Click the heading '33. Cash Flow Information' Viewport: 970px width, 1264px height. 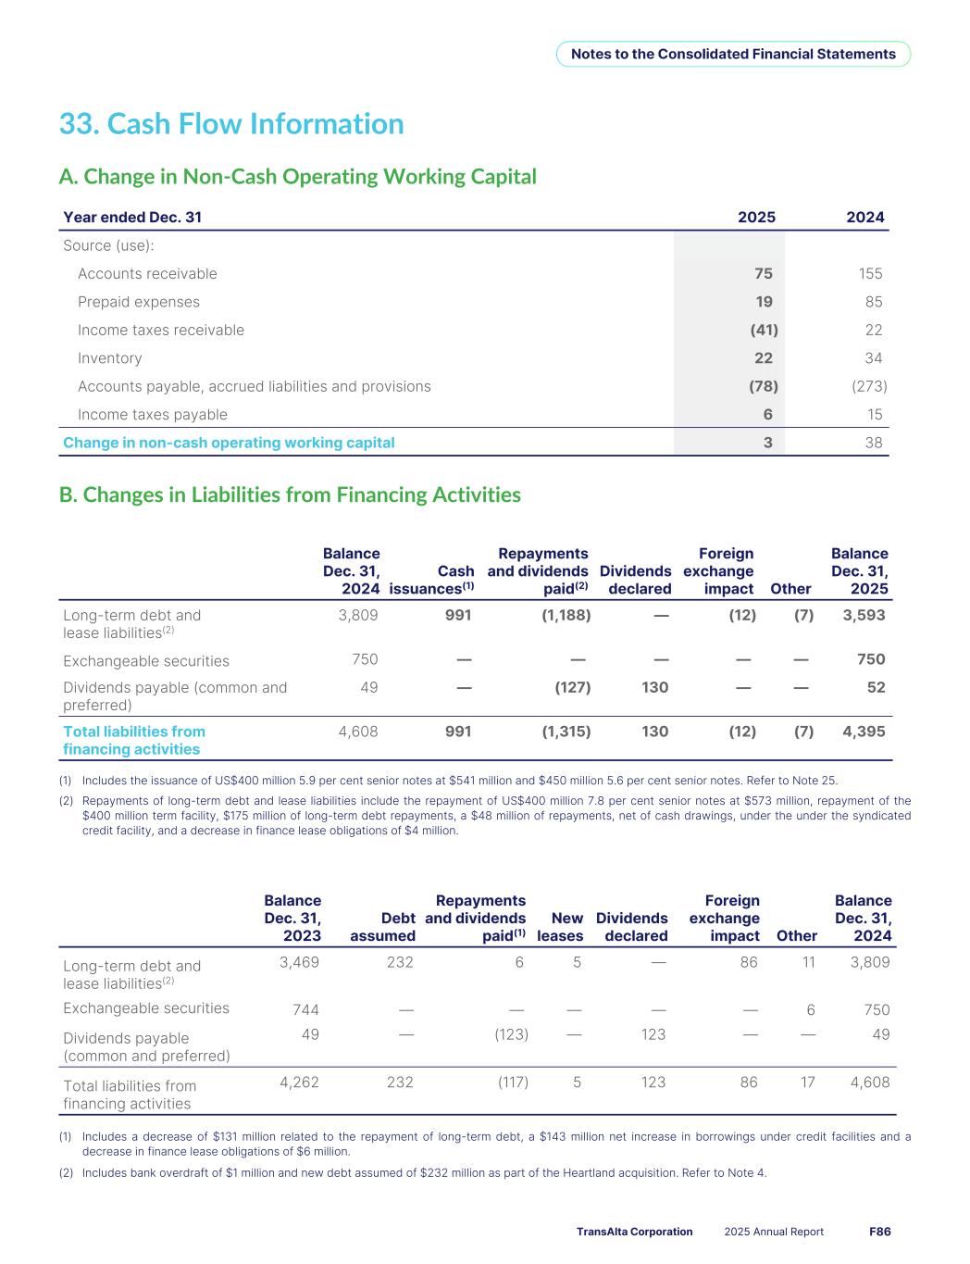(x=231, y=124)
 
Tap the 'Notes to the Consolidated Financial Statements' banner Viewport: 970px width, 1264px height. (x=733, y=54)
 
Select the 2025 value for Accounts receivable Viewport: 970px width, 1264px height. (x=763, y=273)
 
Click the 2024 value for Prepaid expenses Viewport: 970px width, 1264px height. (x=873, y=302)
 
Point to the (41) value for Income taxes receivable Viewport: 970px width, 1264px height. (x=763, y=330)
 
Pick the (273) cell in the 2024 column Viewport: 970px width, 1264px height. (x=868, y=386)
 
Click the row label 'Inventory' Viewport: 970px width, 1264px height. (x=110, y=358)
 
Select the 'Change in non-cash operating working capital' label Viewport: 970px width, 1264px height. (x=229, y=443)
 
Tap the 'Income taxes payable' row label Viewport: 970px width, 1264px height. (x=153, y=415)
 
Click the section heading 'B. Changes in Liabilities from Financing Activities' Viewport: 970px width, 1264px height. (x=290, y=494)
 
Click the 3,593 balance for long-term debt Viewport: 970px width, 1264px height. (x=864, y=614)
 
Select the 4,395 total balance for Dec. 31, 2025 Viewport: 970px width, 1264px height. (x=864, y=732)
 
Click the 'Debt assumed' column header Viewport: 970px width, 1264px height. (x=382, y=927)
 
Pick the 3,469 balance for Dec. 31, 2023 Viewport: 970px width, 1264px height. (x=299, y=962)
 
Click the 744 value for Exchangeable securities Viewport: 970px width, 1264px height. (x=305, y=1009)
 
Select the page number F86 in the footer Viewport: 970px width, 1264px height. (x=879, y=1232)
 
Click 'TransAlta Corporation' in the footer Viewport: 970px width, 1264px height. (x=634, y=1232)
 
